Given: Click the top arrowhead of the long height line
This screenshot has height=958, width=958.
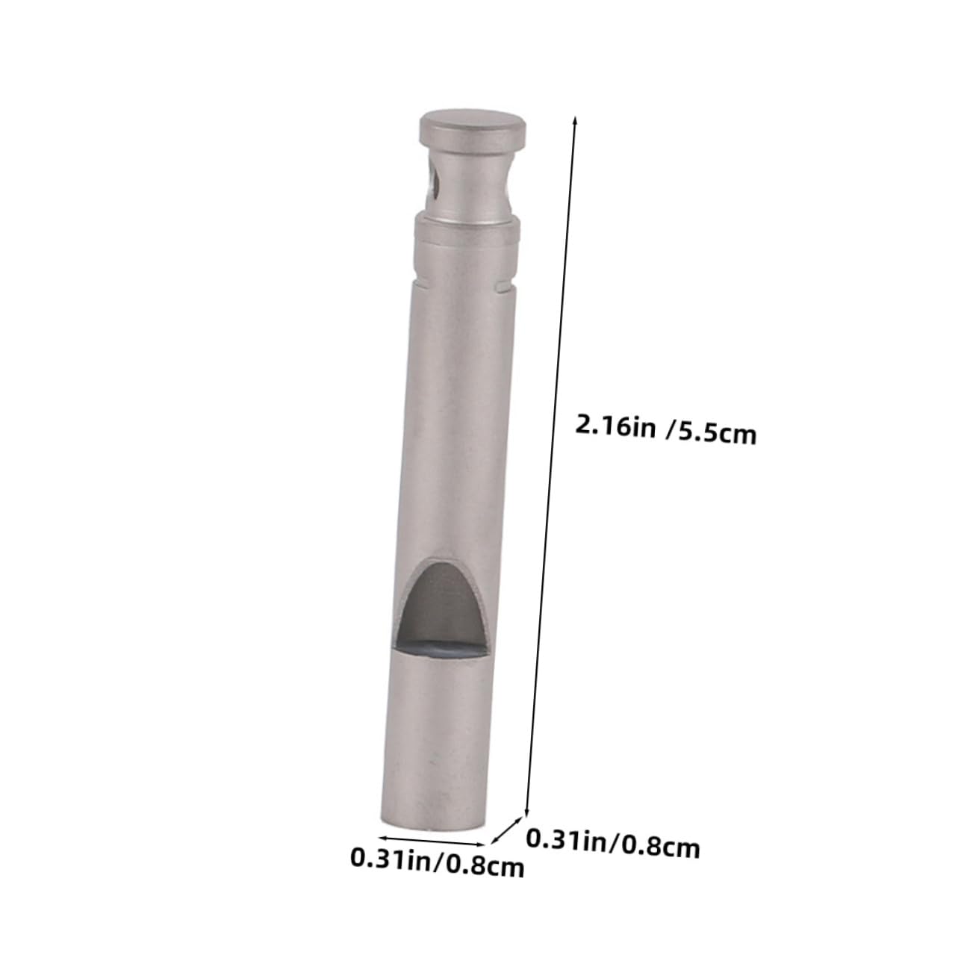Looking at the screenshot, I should (x=574, y=118).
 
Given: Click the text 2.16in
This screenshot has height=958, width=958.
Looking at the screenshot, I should (x=615, y=426).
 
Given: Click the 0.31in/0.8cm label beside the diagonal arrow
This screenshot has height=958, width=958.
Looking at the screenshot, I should (x=613, y=844).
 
